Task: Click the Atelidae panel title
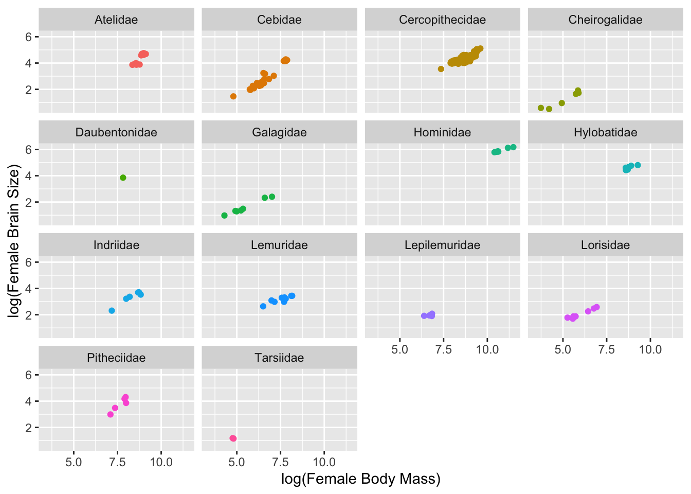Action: point(116,20)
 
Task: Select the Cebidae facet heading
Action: point(279,20)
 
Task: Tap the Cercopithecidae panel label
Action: point(442,20)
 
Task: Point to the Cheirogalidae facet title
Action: point(605,20)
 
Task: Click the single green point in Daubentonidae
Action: point(123,178)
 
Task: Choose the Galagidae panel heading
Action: point(279,133)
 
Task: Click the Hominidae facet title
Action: point(442,133)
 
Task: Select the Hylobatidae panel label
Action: point(605,133)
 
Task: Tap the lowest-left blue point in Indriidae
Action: point(112,311)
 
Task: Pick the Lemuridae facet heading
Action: point(279,245)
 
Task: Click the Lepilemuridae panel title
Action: point(442,245)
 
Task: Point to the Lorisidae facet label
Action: point(605,245)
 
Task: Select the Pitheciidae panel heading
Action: point(116,358)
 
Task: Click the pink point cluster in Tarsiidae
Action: point(233,438)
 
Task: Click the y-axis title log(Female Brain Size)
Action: point(14,241)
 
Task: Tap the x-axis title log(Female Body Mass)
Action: point(360,479)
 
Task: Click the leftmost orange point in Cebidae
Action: point(233,96)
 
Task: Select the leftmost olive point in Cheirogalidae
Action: point(541,108)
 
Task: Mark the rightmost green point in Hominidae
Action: point(513,147)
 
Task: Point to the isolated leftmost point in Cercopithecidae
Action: point(441,69)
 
